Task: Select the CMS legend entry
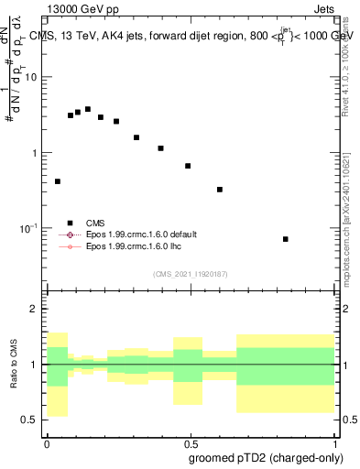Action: (x=95, y=223)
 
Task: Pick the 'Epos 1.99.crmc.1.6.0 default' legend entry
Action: (x=140, y=234)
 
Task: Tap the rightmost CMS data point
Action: (x=286, y=239)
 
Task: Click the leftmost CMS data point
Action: (x=58, y=181)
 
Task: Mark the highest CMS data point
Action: (x=88, y=109)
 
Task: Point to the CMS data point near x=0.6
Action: (x=220, y=190)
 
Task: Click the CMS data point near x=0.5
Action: (x=188, y=166)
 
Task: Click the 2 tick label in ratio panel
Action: (x=35, y=310)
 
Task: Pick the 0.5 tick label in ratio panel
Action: (x=31, y=420)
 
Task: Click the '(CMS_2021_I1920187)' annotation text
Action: (x=190, y=274)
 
